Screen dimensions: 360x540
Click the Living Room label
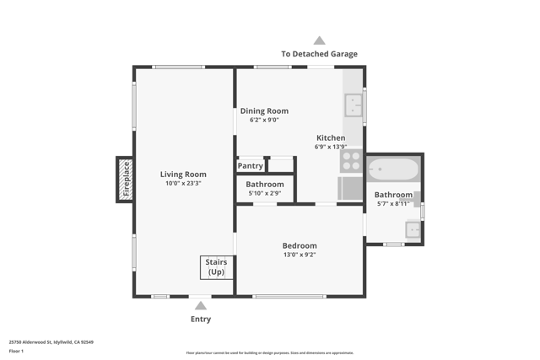point(183,175)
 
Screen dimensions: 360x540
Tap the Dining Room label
point(264,110)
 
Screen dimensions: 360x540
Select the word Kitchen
point(331,137)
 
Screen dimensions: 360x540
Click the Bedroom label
point(300,245)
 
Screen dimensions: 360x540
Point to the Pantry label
point(250,166)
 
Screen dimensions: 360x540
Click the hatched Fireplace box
point(125,180)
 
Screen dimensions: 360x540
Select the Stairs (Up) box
point(216,267)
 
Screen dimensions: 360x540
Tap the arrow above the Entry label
point(201,306)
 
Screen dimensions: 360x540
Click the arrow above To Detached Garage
point(319,40)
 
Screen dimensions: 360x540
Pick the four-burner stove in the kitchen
point(351,161)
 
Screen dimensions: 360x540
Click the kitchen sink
point(353,105)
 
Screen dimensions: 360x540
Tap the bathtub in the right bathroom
point(393,169)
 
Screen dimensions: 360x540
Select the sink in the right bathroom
point(413,228)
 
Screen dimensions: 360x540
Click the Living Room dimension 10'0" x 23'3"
point(183,183)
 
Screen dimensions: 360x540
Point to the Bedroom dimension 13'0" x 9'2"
point(300,255)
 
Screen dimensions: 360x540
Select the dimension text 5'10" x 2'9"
point(265,193)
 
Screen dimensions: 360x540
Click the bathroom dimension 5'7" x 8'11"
point(393,203)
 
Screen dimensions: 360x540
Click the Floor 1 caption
point(16,351)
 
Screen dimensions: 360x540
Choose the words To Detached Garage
point(319,54)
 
